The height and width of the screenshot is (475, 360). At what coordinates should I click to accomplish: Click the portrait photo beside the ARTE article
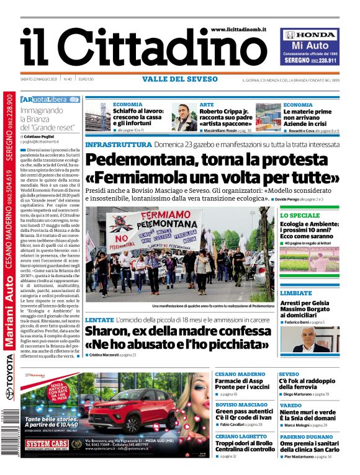[184, 117]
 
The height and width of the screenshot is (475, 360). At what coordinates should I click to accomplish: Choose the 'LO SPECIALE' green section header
[300, 215]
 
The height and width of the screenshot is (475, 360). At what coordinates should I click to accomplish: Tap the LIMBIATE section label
[296, 292]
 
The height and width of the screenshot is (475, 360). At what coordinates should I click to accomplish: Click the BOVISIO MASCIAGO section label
[242, 404]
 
